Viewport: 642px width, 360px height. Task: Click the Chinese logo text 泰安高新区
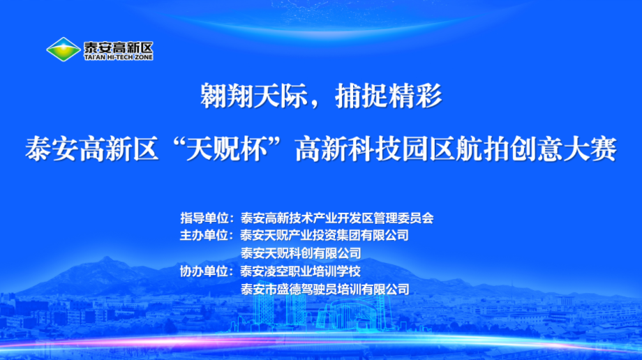117,46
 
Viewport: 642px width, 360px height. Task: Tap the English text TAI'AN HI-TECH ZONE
117,57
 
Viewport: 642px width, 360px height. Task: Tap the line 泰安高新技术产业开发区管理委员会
336,217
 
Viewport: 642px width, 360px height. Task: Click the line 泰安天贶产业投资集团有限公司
324,235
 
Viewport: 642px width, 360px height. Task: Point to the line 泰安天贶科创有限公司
301,253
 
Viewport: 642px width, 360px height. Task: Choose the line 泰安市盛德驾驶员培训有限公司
324,288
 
